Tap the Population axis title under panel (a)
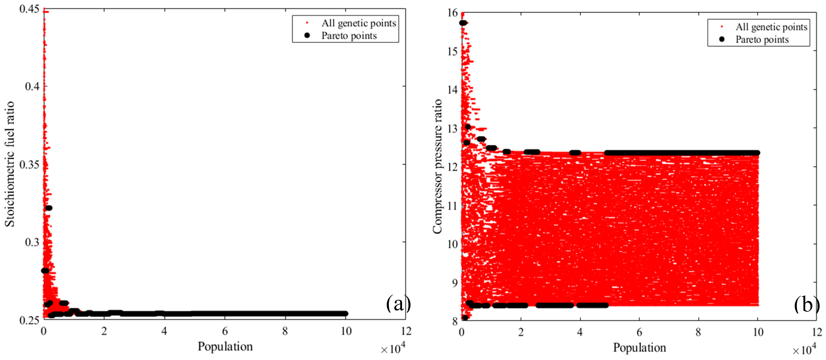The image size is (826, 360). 225,347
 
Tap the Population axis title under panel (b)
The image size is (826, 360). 639,347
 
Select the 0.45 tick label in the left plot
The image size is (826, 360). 29,9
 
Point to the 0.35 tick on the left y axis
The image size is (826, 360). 29,164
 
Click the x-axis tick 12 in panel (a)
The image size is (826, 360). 406,331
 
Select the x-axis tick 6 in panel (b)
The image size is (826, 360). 639,332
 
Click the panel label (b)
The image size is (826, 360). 806,305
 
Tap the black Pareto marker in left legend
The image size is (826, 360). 307,35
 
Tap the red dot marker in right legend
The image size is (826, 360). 722,27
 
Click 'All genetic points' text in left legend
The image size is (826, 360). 358,23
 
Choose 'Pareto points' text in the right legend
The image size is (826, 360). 762,39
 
